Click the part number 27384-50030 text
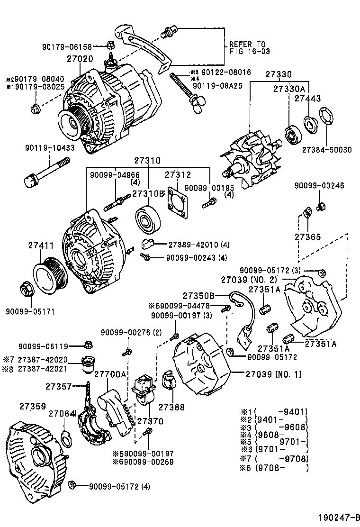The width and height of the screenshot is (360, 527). coord(327,150)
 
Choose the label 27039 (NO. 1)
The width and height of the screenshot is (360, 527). coord(273,374)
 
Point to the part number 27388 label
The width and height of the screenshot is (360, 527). coord(171,407)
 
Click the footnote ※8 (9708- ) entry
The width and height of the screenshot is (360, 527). coord(275,468)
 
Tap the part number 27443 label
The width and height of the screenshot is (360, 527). coord(307,99)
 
